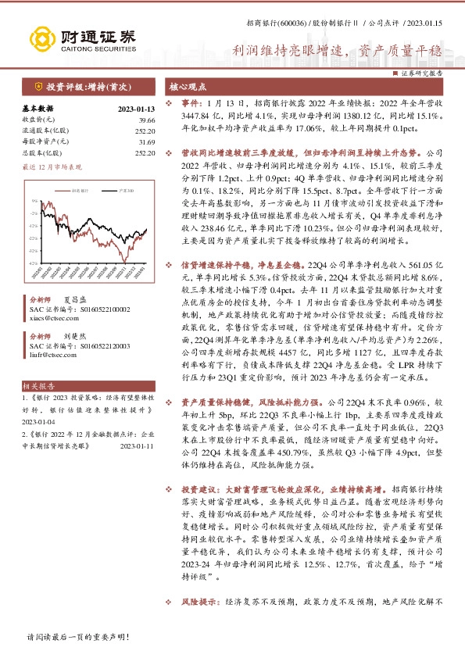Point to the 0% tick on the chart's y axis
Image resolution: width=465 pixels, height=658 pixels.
click(34, 201)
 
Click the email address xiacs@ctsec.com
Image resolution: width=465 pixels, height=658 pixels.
click(48, 319)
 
